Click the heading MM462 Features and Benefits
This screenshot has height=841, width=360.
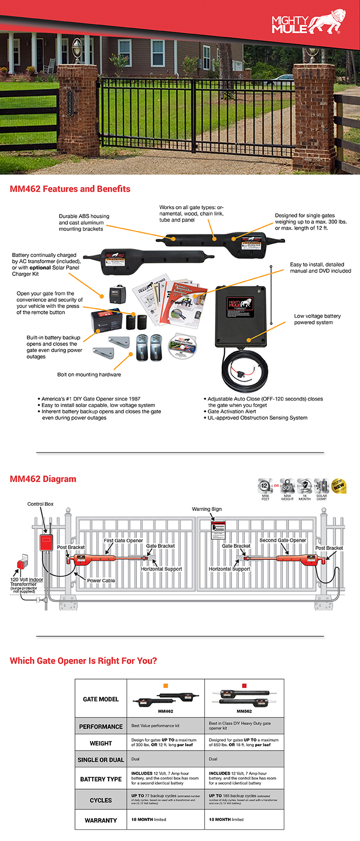click(70, 189)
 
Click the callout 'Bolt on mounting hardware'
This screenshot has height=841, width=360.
click(89, 375)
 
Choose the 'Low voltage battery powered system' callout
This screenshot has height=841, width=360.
click(317, 319)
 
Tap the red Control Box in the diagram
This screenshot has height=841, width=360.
click(47, 542)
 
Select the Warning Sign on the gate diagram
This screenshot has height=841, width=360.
click(219, 529)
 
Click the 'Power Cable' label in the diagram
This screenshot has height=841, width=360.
click(101, 580)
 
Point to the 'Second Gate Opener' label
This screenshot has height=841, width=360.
click(282, 540)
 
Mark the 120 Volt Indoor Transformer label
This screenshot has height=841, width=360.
click(27, 582)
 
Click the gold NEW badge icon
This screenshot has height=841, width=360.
click(339, 486)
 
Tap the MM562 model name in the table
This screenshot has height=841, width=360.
click(244, 711)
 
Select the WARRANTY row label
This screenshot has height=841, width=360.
click(101, 820)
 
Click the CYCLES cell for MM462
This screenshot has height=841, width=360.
click(165, 799)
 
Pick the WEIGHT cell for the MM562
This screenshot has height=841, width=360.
click(244, 742)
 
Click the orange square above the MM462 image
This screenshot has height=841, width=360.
click(166, 686)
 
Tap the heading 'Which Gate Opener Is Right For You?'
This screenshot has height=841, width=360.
click(83, 661)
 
